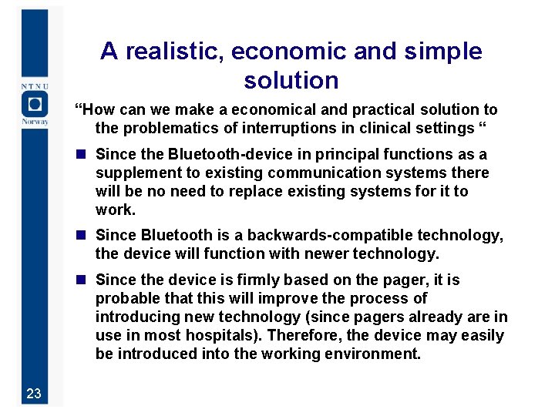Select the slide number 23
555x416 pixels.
tap(33, 394)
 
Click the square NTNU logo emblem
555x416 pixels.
tap(34, 103)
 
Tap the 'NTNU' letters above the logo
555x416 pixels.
tap(34, 86)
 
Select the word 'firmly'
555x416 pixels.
tap(254, 280)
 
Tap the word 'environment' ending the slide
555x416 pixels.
tap(376, 354)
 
